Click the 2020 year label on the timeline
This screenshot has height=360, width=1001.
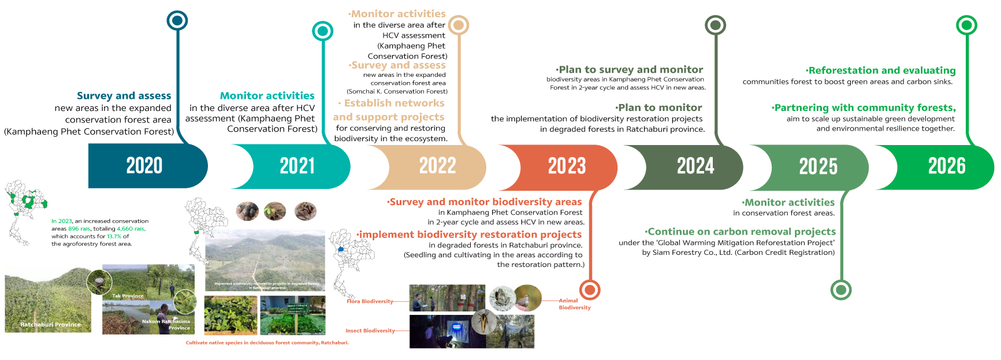click(144, 166)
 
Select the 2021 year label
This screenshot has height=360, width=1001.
click(297, 166)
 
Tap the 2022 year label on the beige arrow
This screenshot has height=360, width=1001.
click(437, 166)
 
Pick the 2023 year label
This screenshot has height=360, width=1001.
click(567, 166)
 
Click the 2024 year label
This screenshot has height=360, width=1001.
click(695, 166)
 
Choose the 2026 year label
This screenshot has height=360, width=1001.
click(947, 166)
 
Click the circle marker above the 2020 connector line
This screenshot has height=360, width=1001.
click(177, 21)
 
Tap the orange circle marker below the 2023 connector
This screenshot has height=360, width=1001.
click(589, 290)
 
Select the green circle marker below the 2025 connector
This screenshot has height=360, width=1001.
click(840, 290)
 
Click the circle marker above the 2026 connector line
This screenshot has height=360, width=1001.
click(966, 25)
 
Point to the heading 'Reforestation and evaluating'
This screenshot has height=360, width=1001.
click(881, 70)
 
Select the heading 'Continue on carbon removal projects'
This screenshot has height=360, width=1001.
click(741, 232)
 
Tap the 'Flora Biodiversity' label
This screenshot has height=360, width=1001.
click(370, 302)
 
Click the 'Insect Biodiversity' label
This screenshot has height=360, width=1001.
click(370, 331)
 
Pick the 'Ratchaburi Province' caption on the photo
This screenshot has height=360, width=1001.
click(50, 325)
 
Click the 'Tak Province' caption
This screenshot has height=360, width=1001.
click(128, 296)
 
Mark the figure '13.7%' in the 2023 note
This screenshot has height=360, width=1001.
click(114, 236)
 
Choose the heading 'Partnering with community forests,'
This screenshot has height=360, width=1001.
click(864, 108)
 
